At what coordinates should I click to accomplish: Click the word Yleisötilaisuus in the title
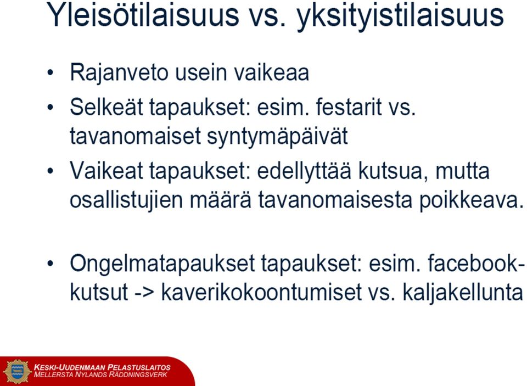[143, 15]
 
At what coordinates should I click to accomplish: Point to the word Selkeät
[106, 107]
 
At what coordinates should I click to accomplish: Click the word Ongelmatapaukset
[162, 264]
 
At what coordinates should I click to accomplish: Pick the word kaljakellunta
[462, 293]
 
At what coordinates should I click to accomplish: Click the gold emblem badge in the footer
[17, 371]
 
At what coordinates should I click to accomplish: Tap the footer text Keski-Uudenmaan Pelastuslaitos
[102, 367]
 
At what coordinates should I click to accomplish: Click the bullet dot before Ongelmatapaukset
[51, 264]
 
